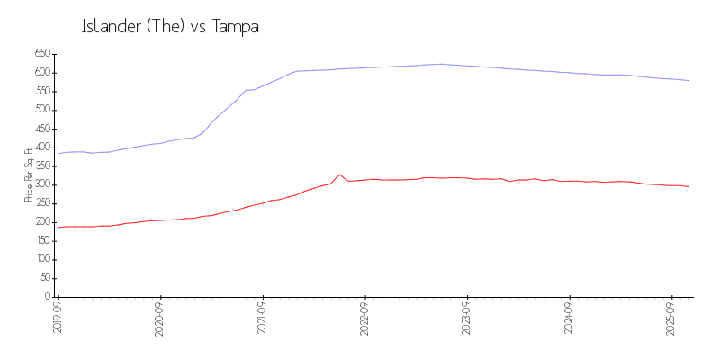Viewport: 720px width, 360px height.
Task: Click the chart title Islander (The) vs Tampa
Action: pos(170,27)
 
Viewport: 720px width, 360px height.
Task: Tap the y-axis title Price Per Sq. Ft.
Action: pos(29,175)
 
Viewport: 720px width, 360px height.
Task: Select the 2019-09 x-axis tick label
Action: pos(58,318)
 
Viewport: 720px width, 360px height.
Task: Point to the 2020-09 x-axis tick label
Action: pos(160,318)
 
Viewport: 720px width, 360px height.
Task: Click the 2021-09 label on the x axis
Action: pos(263,318)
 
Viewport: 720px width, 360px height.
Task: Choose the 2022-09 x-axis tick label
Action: pos(364,318)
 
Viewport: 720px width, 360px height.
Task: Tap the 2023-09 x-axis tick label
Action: pos(467,318)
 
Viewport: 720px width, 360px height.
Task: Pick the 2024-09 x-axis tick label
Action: pos(570,318)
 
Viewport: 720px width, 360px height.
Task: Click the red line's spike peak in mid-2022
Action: pos(339,175)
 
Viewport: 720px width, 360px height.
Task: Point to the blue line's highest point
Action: pos(441,64)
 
